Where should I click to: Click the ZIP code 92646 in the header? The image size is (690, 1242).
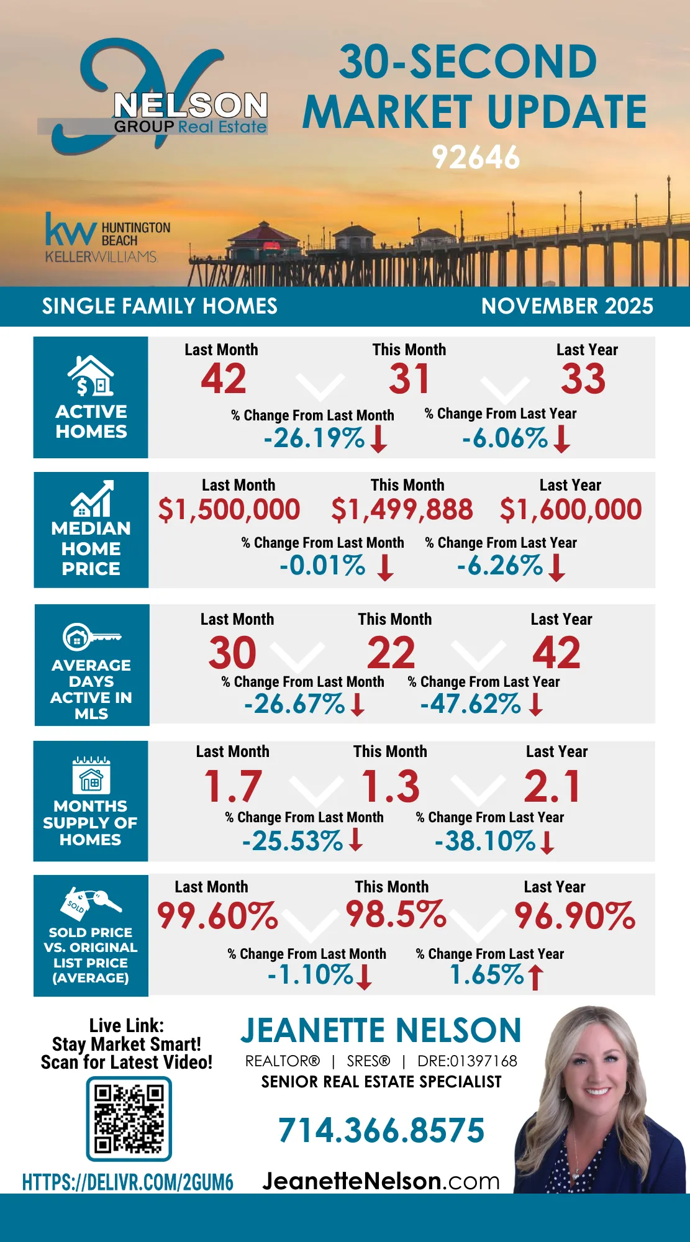click(x=476, y=158)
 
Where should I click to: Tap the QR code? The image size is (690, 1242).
click(x=129, y=1118)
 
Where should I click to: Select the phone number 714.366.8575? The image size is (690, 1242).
click(x=381, y=1130)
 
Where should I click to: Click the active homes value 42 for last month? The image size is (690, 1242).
click(x=224, y=379)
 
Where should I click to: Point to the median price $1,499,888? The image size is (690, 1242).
click(x=402, y=510)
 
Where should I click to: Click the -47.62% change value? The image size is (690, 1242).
click(x=470, y=704)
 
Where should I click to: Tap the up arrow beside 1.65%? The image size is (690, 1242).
click(x=535, y=976)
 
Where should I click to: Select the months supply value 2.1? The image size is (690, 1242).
click(x=552, y=786)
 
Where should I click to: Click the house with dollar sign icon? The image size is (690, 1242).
click(x=91, y=376)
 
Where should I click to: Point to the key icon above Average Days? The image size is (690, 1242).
click(x=91, y=637)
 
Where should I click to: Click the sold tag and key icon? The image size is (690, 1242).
click(x=92, y=903)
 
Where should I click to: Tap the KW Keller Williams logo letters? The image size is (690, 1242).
click(x=70, y=231)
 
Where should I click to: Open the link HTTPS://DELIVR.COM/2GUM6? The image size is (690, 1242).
click(x=128, y=1182)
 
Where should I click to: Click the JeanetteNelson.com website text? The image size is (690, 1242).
click(x=381, y=1181)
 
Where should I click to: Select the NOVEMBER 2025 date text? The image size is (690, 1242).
click(x=567, y=306)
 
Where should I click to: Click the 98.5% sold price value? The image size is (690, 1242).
click(x=396, y=914)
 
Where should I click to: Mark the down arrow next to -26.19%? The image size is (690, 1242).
click(x=378, y=438)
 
